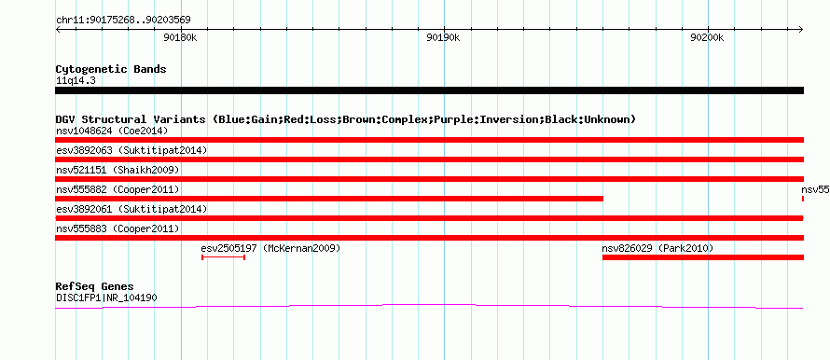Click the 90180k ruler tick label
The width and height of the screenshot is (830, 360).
(181, 37)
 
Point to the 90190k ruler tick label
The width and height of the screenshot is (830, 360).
(444, 37)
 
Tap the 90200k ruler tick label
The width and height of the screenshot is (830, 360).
(707, 37)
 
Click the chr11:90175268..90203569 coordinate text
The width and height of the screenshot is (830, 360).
(123, 21)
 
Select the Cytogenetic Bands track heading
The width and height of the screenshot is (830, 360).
(111, 69)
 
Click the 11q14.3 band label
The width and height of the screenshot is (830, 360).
(76, 81)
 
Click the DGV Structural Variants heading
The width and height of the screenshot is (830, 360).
(346, 119)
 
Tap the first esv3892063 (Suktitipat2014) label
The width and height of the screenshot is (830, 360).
(131, 150)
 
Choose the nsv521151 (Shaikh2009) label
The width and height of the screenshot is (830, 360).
(118, 170)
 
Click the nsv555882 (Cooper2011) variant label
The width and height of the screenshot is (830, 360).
(118, 189)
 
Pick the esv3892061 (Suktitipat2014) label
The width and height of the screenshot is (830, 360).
(131, 209)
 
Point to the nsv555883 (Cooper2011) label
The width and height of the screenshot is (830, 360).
(118, 228)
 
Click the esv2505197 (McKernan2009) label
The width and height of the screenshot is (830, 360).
(270, 248)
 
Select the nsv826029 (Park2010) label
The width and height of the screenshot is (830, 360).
(658, 248)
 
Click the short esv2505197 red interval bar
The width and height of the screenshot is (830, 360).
(224, 257)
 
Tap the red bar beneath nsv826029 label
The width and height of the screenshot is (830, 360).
(703, 257)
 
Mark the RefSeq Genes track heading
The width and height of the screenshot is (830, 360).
(95, 287)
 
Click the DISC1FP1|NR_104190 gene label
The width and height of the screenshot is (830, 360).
(106, 298)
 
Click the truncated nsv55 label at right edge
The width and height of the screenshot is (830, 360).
(815, 189)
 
